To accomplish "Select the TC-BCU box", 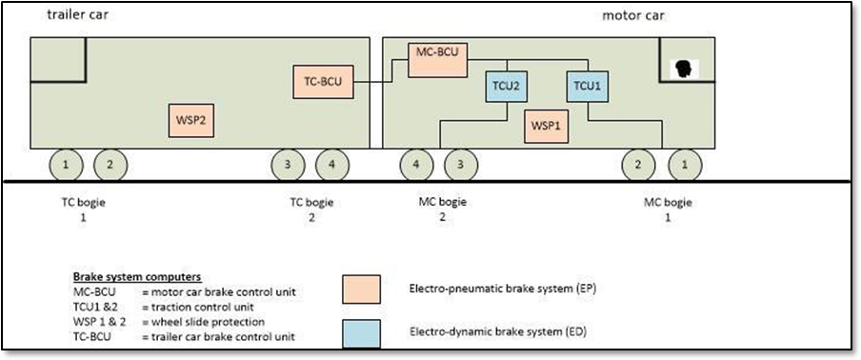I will [323, 83].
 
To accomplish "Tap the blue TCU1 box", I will [587, 86].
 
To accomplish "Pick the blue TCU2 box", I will [506, 86].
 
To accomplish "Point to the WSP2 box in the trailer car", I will [191, 121].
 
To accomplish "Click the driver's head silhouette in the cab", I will [682, 69].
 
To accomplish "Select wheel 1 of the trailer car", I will [66, 165].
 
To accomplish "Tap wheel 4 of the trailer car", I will [331, 165].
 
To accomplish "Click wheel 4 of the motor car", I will [416, 165].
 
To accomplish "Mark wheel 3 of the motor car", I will [461, 165].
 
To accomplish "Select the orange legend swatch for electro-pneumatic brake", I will [361, 289].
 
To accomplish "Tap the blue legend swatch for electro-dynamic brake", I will [361, 333].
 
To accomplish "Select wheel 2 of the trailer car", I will [110, 165].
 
